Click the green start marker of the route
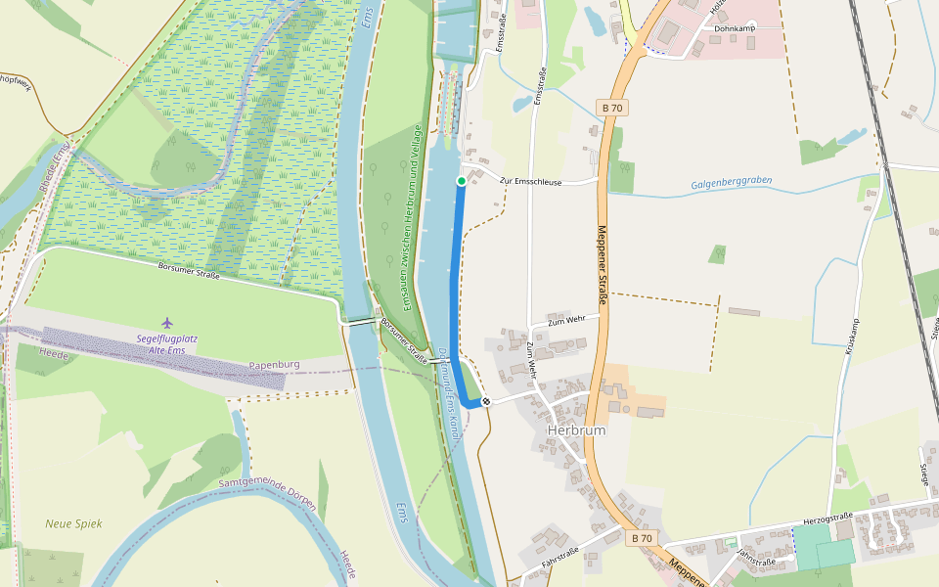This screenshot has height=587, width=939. pyautogui.click(x=462, y=181)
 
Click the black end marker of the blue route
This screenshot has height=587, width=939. pyautogui.click(x=486, y=401)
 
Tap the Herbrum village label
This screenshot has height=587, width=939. pyautogui.click(x=576, y=430)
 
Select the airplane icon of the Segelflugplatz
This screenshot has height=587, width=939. pyautogui.click(x=166, y=322)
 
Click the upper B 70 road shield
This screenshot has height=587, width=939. pyautogui.click(x=611, y=108)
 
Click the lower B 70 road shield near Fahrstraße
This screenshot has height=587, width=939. pyautogui.click(x=641, y=538)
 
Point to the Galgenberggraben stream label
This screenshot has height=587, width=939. pyautogui.click(x=732, y=183)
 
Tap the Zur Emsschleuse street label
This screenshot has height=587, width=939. pyautogui.click(x=530, y=181)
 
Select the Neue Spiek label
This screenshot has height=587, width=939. pyautogui.click(x=73, y=523)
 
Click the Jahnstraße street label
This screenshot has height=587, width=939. pyautogui.click(x=756, y=558)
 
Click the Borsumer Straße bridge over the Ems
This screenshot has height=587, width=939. pyautogui.click(x=362, y=320)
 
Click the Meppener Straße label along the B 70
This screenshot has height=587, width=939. pyautogui.click(x=604, y=265)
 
